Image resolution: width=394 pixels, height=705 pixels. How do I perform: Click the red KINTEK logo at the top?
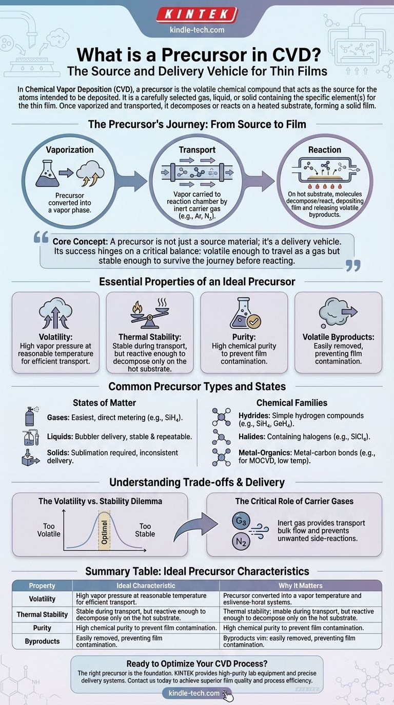click(197, 14)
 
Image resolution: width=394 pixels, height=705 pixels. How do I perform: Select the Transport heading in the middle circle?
click(197, 150)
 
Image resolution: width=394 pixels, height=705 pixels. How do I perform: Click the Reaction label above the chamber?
click(324, 150)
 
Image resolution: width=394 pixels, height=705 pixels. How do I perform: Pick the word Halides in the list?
click(251, 436)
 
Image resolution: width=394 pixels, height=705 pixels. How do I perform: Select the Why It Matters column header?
click(301, 585)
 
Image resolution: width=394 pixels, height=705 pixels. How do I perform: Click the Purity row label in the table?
click(42, 628)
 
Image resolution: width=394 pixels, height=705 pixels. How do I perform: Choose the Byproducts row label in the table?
click(42, 641)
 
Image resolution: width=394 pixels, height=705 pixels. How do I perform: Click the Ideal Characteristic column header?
click(146, 585)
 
